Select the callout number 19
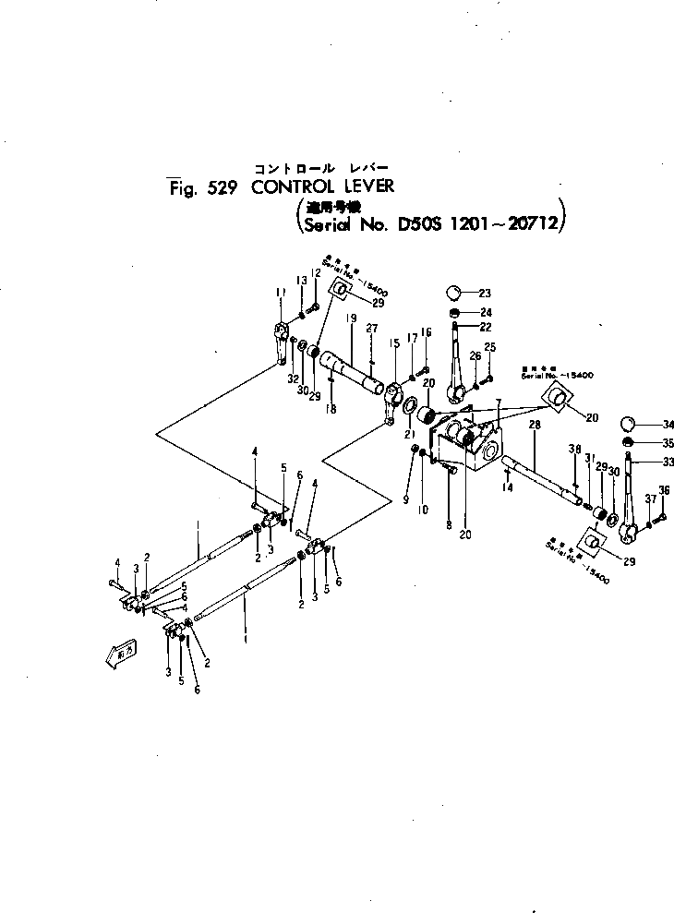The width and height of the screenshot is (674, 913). tap(351, 319)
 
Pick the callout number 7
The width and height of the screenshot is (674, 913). tap(498, 403)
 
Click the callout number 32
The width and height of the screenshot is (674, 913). tap(293, 379)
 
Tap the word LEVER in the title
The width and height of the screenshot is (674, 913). tap(365, 186)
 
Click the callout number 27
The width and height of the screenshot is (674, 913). tap(371, 329)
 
